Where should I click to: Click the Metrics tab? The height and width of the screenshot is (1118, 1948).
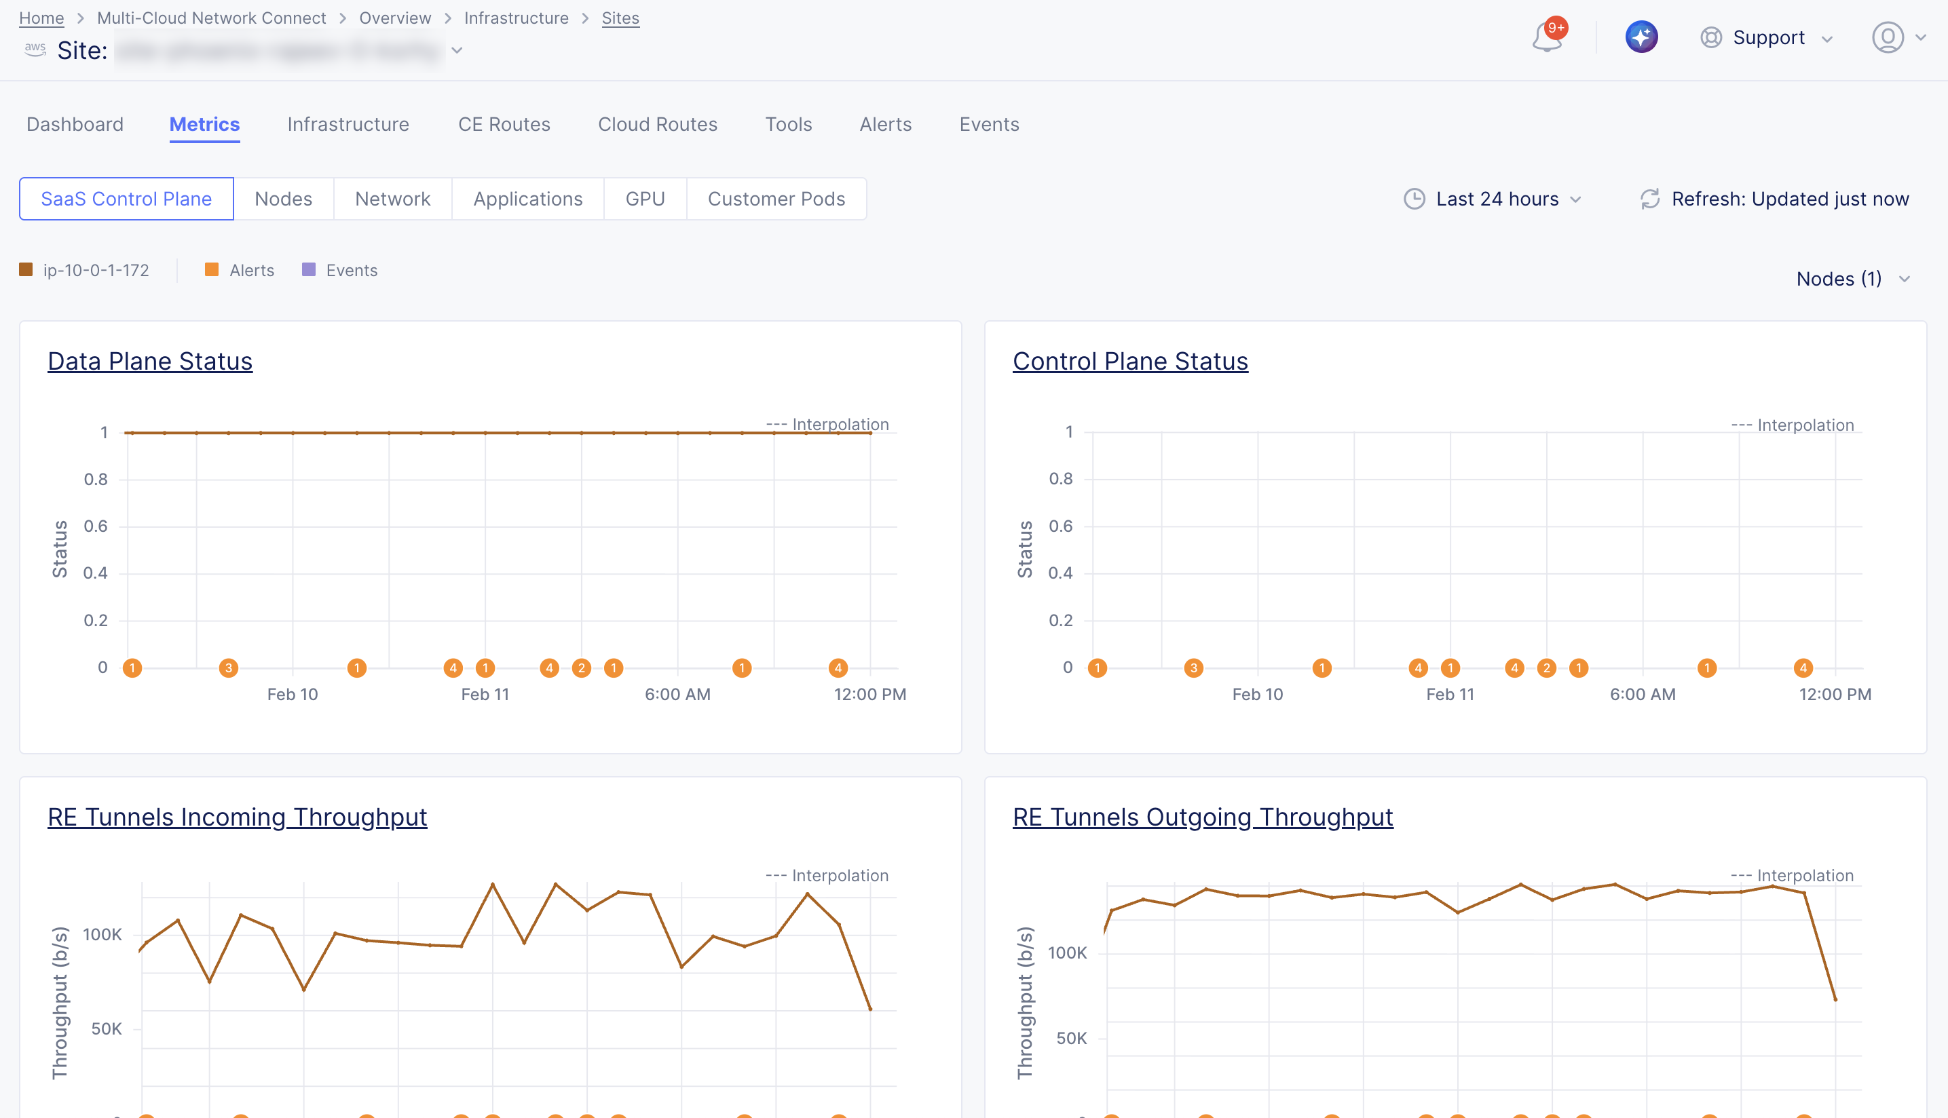(204, 124)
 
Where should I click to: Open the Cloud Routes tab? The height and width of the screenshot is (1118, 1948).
(658, 124)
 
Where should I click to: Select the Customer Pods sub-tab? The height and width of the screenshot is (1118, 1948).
(776, 199)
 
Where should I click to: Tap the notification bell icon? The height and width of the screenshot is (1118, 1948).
(1546, 37)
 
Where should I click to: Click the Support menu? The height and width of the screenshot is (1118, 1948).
(1767, 37)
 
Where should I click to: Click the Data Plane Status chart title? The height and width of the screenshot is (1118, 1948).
(150, 361)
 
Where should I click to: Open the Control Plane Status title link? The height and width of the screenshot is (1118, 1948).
(1130, 361)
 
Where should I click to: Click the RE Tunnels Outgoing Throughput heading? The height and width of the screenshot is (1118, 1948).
(1202, 817)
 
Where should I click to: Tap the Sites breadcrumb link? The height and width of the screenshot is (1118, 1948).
(620, 18)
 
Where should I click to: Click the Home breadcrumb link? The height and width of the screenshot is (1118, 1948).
(41, 18)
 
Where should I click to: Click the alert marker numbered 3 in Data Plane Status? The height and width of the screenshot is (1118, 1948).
(228, 668)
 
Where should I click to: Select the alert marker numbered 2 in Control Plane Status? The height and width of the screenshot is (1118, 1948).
(1546, 668)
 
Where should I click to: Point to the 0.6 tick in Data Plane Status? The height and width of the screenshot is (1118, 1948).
(96, 526)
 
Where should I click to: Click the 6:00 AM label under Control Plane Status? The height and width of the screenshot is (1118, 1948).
(1643, 694)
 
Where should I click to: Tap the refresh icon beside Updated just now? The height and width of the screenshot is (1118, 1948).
(1649, 199)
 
